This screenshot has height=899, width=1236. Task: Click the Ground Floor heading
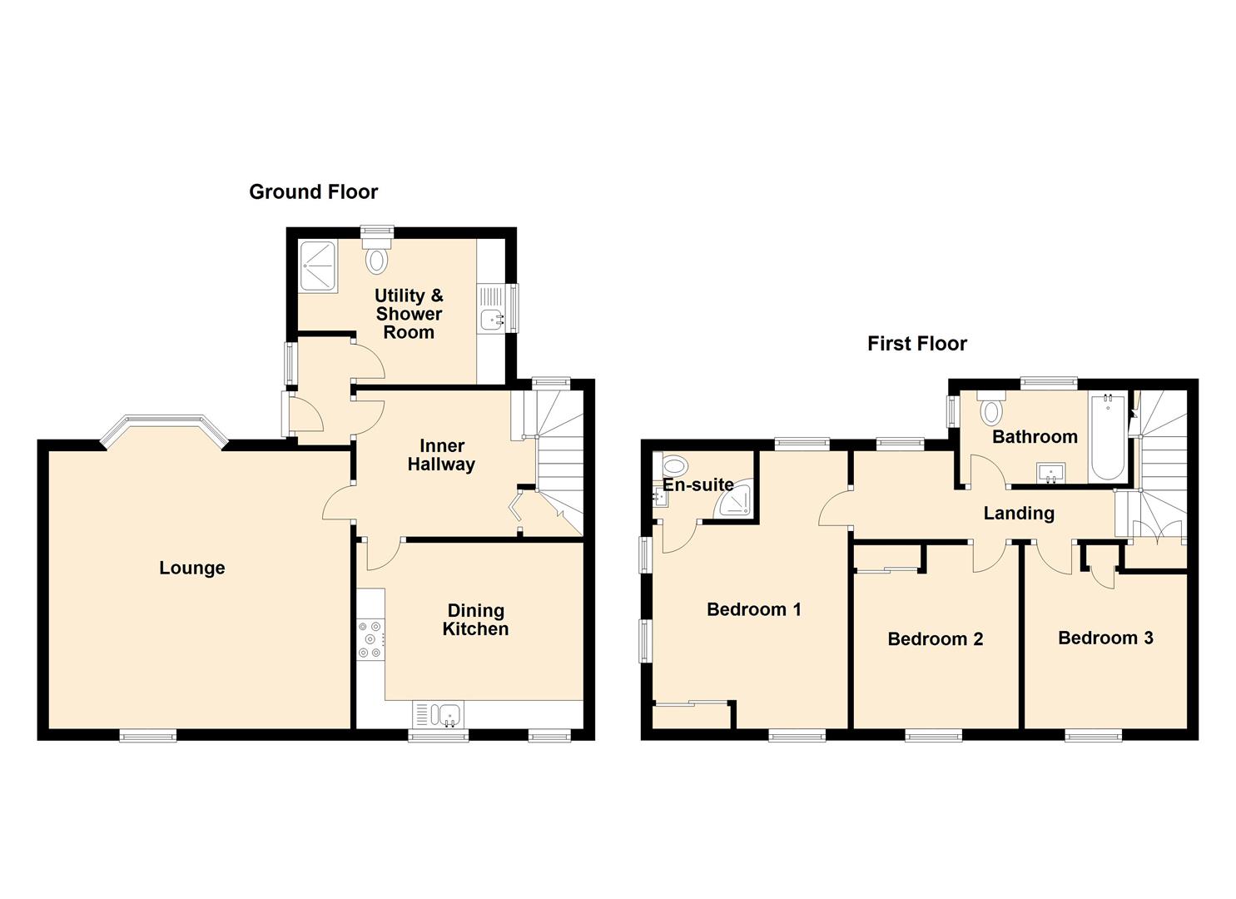click(313, 192)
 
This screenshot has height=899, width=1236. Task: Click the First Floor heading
click(916, 344)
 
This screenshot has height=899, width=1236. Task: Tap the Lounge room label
click(192, 569)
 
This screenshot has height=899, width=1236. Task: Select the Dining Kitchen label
click(475, 620)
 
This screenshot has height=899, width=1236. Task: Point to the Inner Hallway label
click(441, 455)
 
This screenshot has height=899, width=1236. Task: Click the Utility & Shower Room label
click(409, 314)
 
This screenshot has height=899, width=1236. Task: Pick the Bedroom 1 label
click(753, 609)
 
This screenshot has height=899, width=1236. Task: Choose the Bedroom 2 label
click(935, 639)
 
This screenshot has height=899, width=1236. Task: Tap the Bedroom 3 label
click(1104, 638)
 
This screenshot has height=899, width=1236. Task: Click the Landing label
click(1018, 514)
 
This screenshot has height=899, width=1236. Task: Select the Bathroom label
click(1035, 437)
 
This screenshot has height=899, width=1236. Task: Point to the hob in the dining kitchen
click(370, 639)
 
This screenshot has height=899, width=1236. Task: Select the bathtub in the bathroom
click(1107, 436)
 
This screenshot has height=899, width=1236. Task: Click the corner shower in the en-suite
click(737, 499)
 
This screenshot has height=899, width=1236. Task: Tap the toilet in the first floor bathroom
click(991, 410)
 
